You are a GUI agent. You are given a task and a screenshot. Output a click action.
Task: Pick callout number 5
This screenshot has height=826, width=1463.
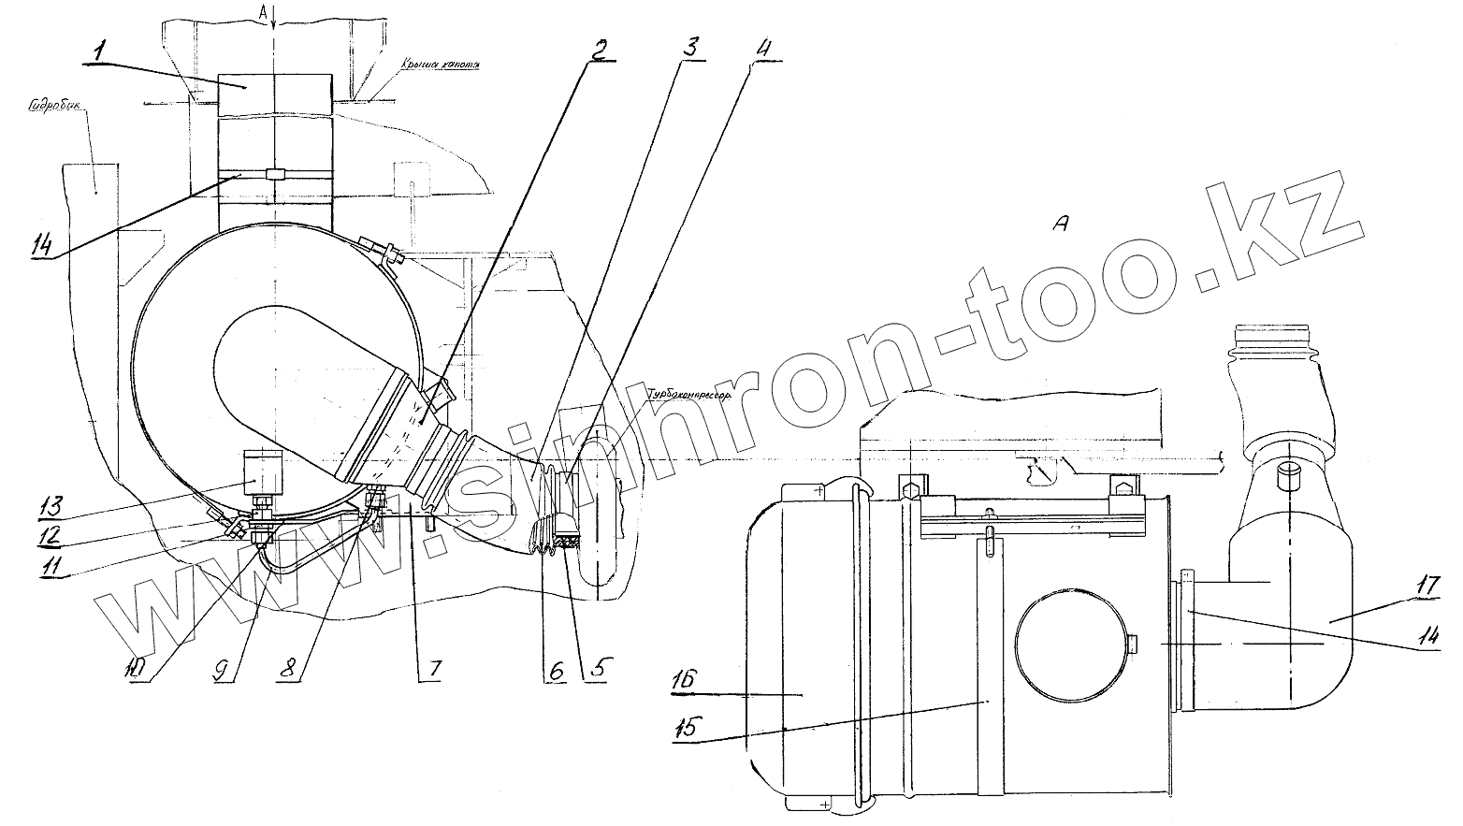click(x=590, y=670)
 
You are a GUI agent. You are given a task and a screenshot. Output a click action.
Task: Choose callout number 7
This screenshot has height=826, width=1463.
click(x=434, y=670)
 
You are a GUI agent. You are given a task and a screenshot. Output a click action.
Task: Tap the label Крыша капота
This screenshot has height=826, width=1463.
click(x=439, y=65)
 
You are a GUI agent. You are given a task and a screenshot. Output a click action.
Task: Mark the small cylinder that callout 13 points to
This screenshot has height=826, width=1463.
click(x=263, y=474)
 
